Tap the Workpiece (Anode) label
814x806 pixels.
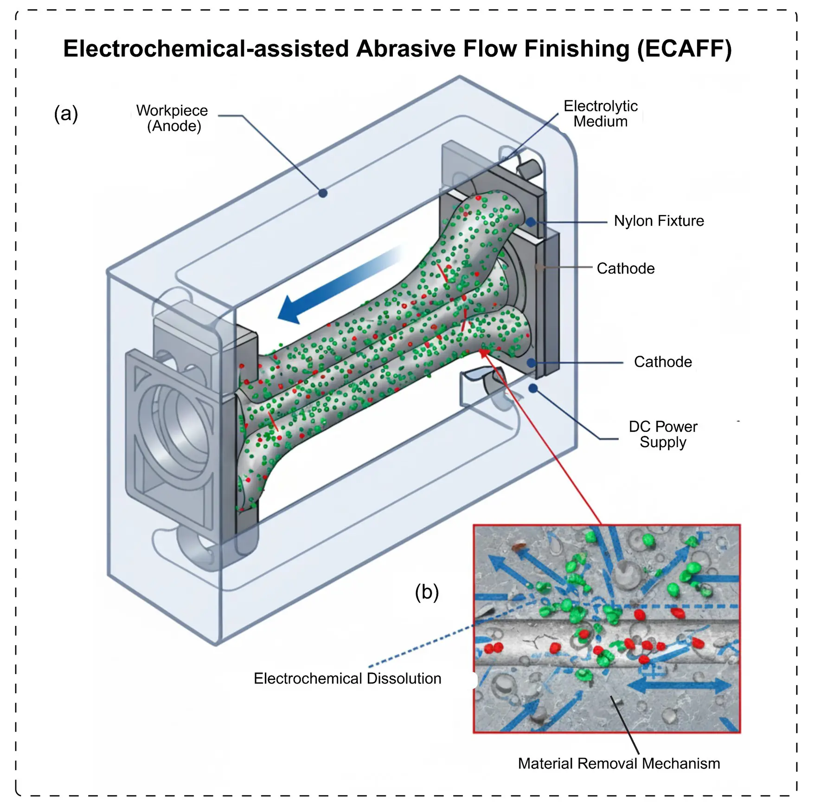(173, 118)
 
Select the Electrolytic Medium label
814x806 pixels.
(601, 113)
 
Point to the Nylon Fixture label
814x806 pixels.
(659, 221)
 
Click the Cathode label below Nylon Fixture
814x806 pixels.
(626, 268)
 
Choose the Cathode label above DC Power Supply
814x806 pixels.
(663, 362)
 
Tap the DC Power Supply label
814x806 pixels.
(663, 435)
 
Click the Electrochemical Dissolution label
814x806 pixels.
(347, 678)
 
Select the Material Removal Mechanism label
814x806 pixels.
(619, 763)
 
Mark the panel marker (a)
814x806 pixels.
(66, 114)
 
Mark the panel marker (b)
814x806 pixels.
(427, 592)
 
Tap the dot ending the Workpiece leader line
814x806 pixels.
(323, 193)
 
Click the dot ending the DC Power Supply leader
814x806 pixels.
(533, 388)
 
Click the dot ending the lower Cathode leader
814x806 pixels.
(532, 363)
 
